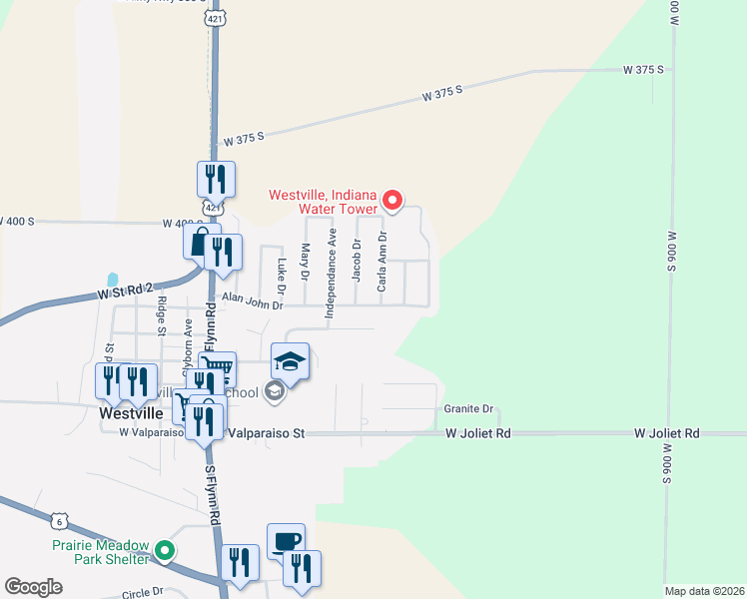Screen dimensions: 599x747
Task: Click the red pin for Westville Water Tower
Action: point(392,201)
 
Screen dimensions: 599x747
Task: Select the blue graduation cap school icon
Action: point(290,362)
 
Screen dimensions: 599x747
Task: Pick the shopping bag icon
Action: point(201,242)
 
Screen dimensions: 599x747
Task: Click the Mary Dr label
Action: point(306,262)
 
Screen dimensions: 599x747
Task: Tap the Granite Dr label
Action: point(468,409)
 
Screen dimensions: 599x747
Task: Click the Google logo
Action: point(33,587)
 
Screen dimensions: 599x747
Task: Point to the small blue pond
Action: point(112,280)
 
